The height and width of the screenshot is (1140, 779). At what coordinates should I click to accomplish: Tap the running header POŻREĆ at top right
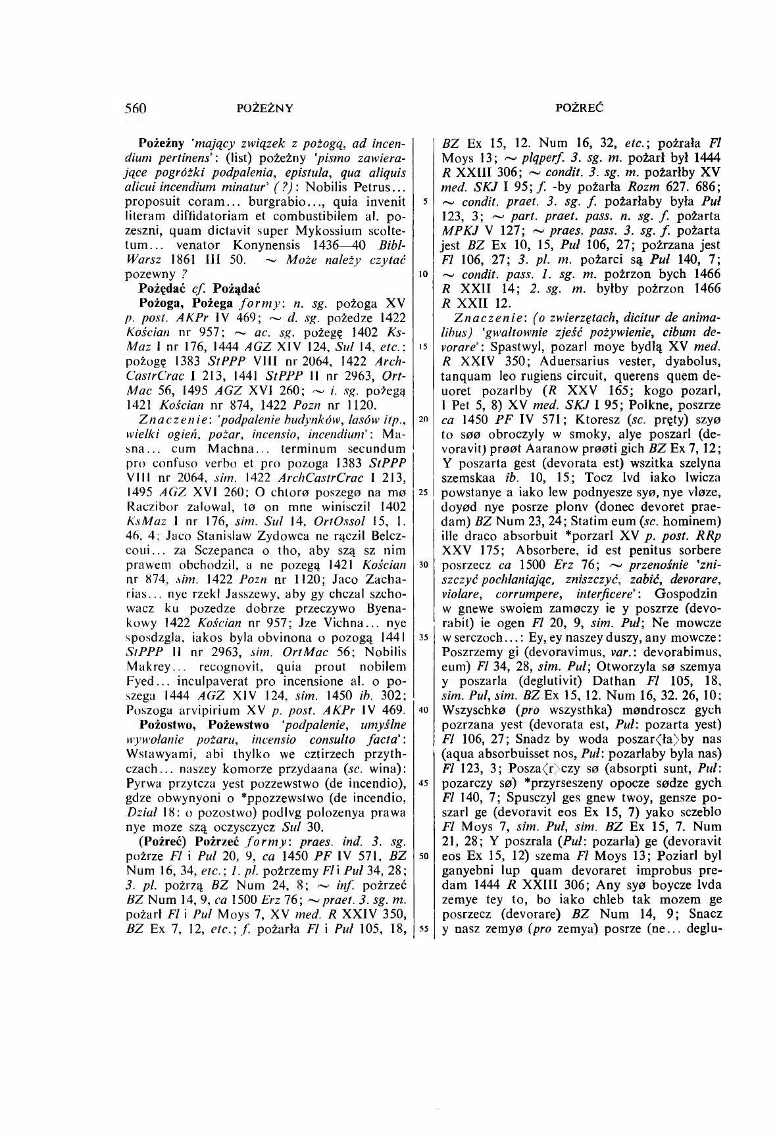point(580,107)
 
